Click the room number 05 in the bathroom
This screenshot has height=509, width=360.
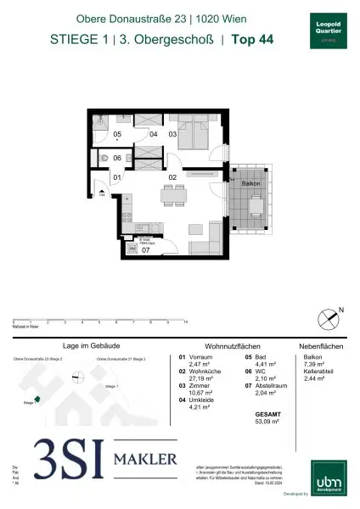118,134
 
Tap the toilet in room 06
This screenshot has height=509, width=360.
104,159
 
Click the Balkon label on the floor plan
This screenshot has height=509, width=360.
250,183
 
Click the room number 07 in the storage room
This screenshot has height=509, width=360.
145,251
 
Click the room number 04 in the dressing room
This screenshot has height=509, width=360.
153,134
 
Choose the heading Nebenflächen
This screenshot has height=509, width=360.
319,346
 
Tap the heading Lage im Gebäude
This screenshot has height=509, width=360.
82,346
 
